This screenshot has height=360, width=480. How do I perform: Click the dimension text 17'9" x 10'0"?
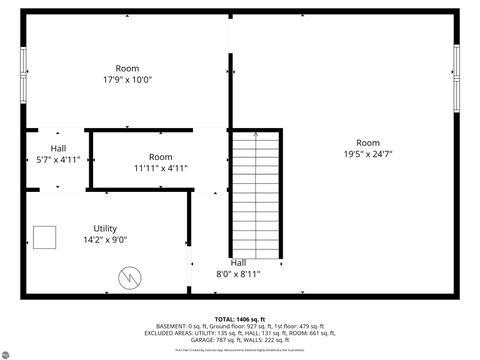127,80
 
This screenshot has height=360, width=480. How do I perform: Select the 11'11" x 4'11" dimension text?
160,169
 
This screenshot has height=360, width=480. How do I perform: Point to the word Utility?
105,228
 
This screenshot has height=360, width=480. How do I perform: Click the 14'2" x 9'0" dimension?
105,240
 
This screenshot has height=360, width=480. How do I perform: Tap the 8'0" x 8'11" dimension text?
238,273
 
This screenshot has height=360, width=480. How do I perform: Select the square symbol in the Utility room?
44,237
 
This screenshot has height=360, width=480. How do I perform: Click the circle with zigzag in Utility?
129,277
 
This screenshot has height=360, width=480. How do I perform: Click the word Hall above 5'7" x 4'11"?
44,147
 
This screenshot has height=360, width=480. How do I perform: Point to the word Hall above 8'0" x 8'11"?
238,262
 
